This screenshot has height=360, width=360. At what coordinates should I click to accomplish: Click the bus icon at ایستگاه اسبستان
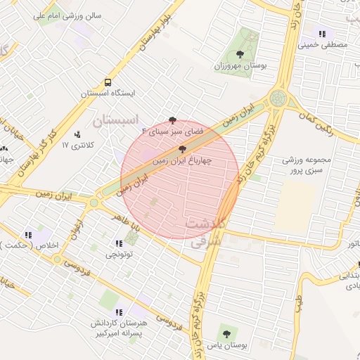pos(108,82)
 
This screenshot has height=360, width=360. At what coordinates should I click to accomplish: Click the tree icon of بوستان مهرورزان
pos(240,53)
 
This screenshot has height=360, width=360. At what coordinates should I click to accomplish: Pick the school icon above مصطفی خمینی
pos(322,34)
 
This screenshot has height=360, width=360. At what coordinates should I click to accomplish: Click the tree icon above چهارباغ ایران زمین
pos(183,149)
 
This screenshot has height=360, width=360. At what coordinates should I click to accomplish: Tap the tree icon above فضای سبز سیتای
pos(173,120)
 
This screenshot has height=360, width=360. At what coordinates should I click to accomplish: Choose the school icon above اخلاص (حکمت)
pos(28,234)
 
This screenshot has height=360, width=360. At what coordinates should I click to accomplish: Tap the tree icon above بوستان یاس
pos(226,330)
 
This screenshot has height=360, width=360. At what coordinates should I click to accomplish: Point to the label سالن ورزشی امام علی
pos(75,14)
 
